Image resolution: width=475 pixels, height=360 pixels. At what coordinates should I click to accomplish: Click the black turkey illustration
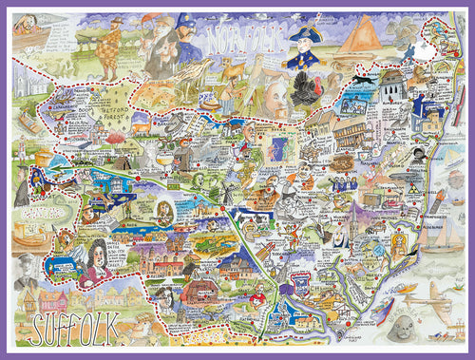coord(307,90)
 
